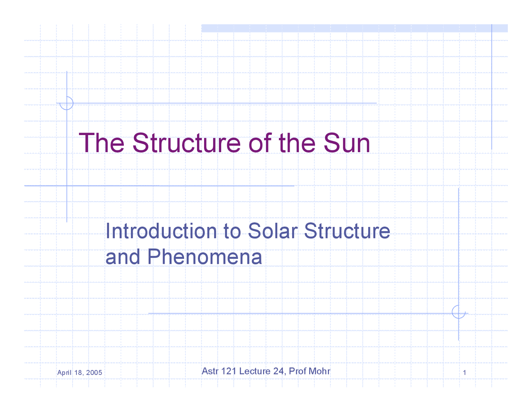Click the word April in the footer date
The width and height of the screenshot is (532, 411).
coord(64,372)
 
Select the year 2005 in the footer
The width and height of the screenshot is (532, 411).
coord(94,372)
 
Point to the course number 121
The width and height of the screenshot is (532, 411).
coord(229,371)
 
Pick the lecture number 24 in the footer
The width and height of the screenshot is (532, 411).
coord(278,371)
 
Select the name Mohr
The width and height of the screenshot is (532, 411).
coord(319,371)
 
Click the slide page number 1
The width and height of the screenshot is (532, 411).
coord(464,373)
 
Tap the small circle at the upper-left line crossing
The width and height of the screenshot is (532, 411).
coord(66,103)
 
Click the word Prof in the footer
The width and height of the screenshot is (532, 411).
coord(298,371)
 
